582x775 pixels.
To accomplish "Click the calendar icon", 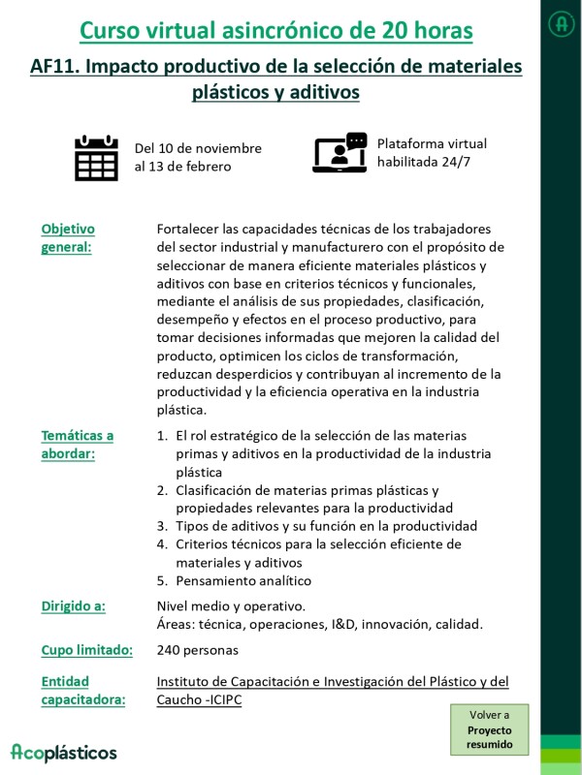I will (x=96, y=158).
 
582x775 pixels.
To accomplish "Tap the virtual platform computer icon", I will (x=339, y=154).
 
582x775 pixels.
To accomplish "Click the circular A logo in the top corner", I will (x=561, y=23).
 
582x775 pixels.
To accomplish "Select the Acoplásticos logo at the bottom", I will (x=64, y=752).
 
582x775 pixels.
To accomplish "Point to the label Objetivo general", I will (x=68, y=237).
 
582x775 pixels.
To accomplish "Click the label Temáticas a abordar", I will (x=77, y=445).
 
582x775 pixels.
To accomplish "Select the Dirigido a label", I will (x=73, y=605).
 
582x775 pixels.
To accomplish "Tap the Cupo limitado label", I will (x=86, y=649).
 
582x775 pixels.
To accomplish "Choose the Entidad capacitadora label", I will (x=82, y=690).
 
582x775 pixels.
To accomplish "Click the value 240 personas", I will (x=197, y=649).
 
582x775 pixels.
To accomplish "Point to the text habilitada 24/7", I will (x=424, y=161).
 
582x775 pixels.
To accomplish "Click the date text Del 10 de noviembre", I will (x=198, y=148).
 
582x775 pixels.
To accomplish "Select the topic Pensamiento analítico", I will (x=243, y=580).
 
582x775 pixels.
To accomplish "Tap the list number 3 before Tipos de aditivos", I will (x=162, y=525).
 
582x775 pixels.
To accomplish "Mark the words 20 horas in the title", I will (x=426, y=31).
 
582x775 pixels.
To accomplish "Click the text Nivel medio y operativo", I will (x=224, y=605).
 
